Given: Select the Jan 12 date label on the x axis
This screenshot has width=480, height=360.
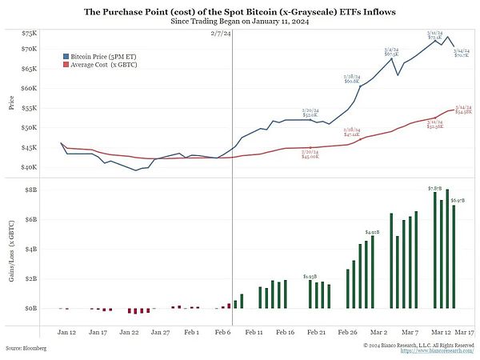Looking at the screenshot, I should coord(66,330).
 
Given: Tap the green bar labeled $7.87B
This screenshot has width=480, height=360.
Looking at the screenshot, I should coord(434,249).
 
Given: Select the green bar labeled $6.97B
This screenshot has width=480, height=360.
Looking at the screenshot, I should coord(454,256).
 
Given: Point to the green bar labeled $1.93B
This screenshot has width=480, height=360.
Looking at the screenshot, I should coord(310,293).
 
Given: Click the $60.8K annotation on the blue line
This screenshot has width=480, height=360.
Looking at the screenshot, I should coord(352,79).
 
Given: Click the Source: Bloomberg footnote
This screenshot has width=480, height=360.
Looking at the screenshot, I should coord(26,349).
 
